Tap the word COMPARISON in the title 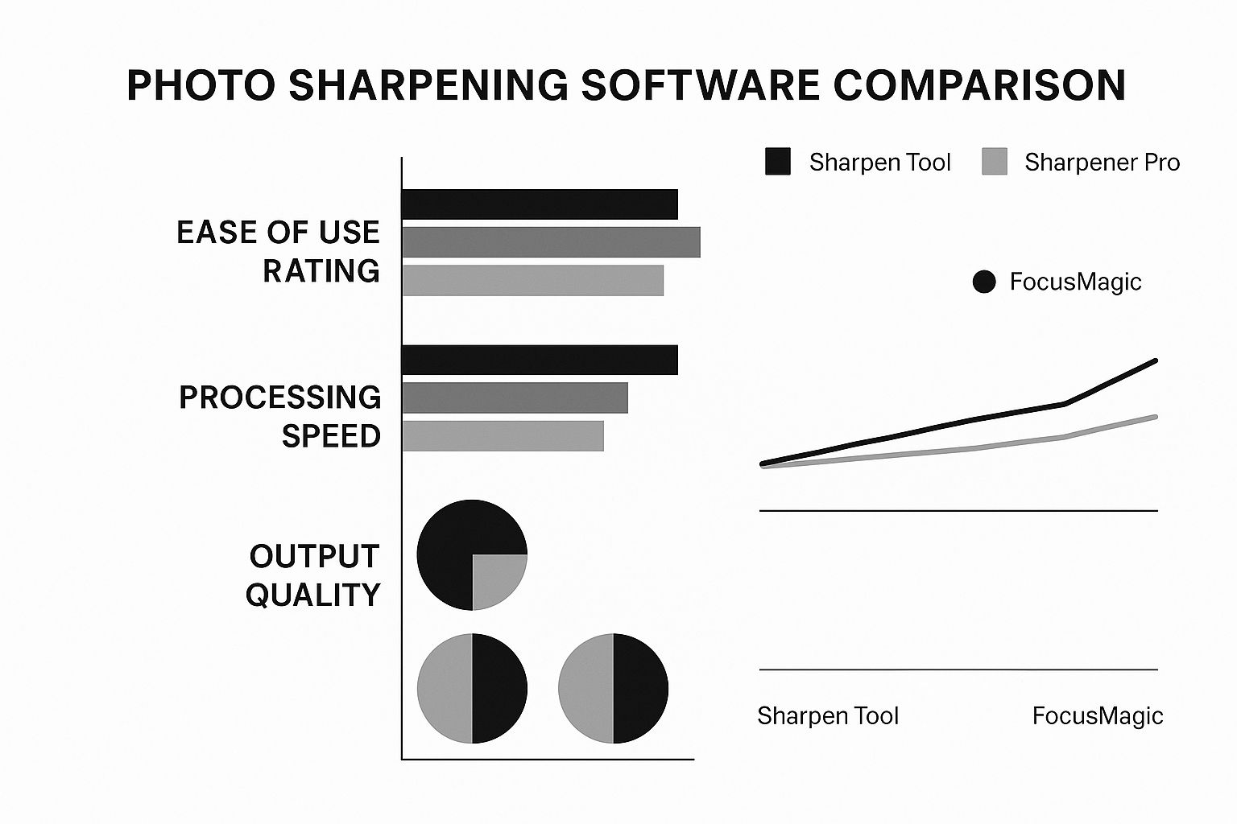(978, 85)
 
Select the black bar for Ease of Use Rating (540, 204)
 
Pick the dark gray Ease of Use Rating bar (551, 242)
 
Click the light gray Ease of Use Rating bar (532, 280)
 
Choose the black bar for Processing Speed (540, 360)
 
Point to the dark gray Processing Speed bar (515, 398)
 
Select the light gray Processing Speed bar (503, 435)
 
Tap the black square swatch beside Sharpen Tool (777, 162)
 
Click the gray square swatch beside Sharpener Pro (995, 162)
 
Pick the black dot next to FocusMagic (983, 282)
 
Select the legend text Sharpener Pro (1102, 163)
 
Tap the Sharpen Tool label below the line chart (827, 715)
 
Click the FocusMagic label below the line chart (1097, 715)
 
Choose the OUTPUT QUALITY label (313, 575)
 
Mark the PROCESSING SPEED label (280, 416)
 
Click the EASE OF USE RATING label (279, 251)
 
